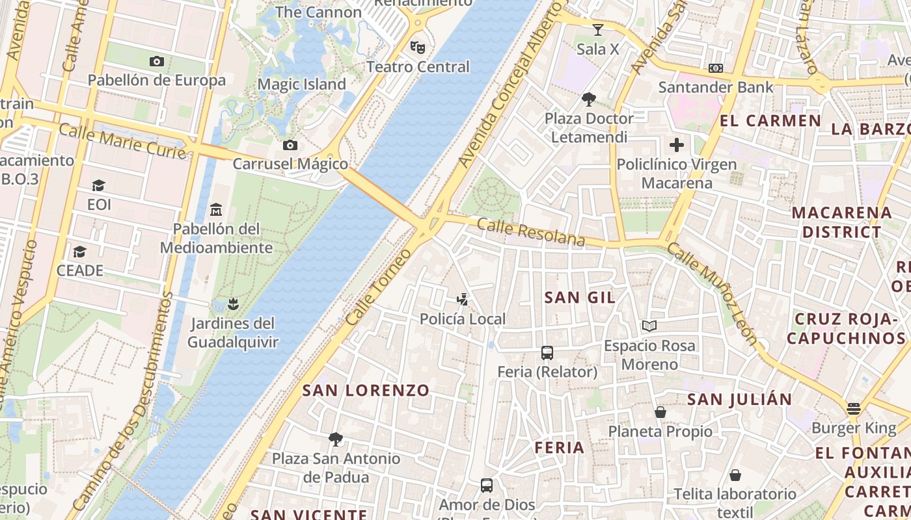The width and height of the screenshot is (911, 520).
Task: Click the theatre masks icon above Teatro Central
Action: (417, 47)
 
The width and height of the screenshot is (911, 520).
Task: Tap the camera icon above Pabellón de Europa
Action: (157, 61)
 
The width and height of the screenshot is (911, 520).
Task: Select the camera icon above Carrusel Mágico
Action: (290, 145)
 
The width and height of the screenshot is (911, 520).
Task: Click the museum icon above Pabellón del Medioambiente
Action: (216, 209)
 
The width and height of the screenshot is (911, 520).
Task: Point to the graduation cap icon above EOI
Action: (98, 186)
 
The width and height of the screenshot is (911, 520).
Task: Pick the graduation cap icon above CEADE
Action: (79, 252)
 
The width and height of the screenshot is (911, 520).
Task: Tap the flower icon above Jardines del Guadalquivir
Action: (232, 304)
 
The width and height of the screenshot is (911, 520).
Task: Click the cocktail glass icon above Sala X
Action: (597, 30)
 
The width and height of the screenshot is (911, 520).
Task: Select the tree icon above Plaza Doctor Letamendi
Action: (589, 99)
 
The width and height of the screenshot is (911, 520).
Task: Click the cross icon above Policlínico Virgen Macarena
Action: (677, 145)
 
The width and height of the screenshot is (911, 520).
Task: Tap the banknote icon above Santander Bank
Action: (716, 68)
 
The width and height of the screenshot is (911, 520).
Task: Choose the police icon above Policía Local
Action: (462, 300)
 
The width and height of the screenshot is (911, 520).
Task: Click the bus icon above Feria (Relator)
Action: (547, 353)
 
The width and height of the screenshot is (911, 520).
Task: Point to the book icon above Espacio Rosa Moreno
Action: (649, 326)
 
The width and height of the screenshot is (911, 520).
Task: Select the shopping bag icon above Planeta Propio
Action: (660, 412)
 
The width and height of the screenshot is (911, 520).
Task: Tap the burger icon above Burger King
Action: (854, 409)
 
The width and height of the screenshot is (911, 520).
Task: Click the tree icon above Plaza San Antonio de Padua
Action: (336, 439)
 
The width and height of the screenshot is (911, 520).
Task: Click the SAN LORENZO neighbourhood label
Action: (366, 391)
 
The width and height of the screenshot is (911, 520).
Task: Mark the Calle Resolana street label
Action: (531, 233)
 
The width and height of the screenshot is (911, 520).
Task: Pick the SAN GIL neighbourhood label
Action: (580, 298)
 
